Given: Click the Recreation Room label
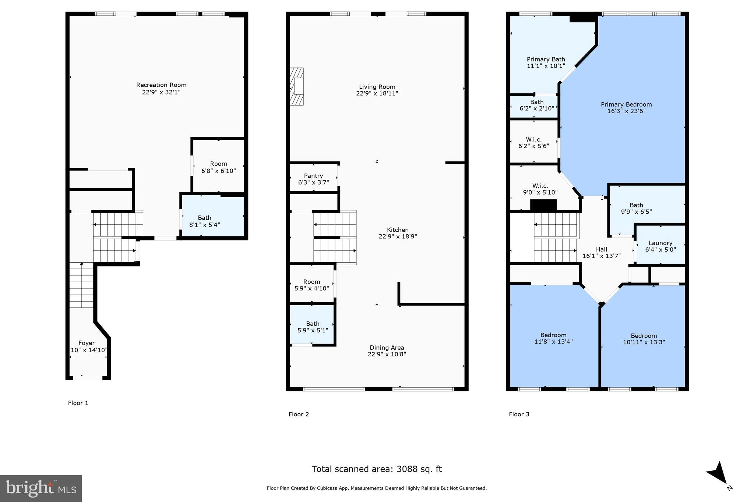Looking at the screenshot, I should point(161,85).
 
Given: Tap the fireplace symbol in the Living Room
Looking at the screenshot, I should point(297,87).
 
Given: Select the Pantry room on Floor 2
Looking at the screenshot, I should point(313,179).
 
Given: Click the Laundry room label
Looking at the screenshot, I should point(660,243).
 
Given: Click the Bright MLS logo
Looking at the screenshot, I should point(41,488).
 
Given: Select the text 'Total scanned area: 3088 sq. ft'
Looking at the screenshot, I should point(377,469).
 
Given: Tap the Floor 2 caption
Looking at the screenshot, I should point(299,414).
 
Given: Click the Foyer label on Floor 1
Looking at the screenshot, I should point(87,343).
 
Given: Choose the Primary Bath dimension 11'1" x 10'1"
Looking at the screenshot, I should point(546,66).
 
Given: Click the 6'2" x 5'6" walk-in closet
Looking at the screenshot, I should point(533,143).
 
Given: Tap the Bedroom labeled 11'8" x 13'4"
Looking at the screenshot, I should point(553,338).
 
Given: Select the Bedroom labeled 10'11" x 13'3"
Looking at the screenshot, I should point(644,339).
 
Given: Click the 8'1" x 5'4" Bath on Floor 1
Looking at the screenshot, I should point(205,221).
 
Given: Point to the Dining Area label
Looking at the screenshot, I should point(387,348).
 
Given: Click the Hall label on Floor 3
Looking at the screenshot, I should point(601,249).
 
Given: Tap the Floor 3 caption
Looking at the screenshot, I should point(519,414).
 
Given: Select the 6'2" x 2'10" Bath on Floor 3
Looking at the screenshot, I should point(537,105).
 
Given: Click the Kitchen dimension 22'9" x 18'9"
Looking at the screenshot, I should point(398,236).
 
